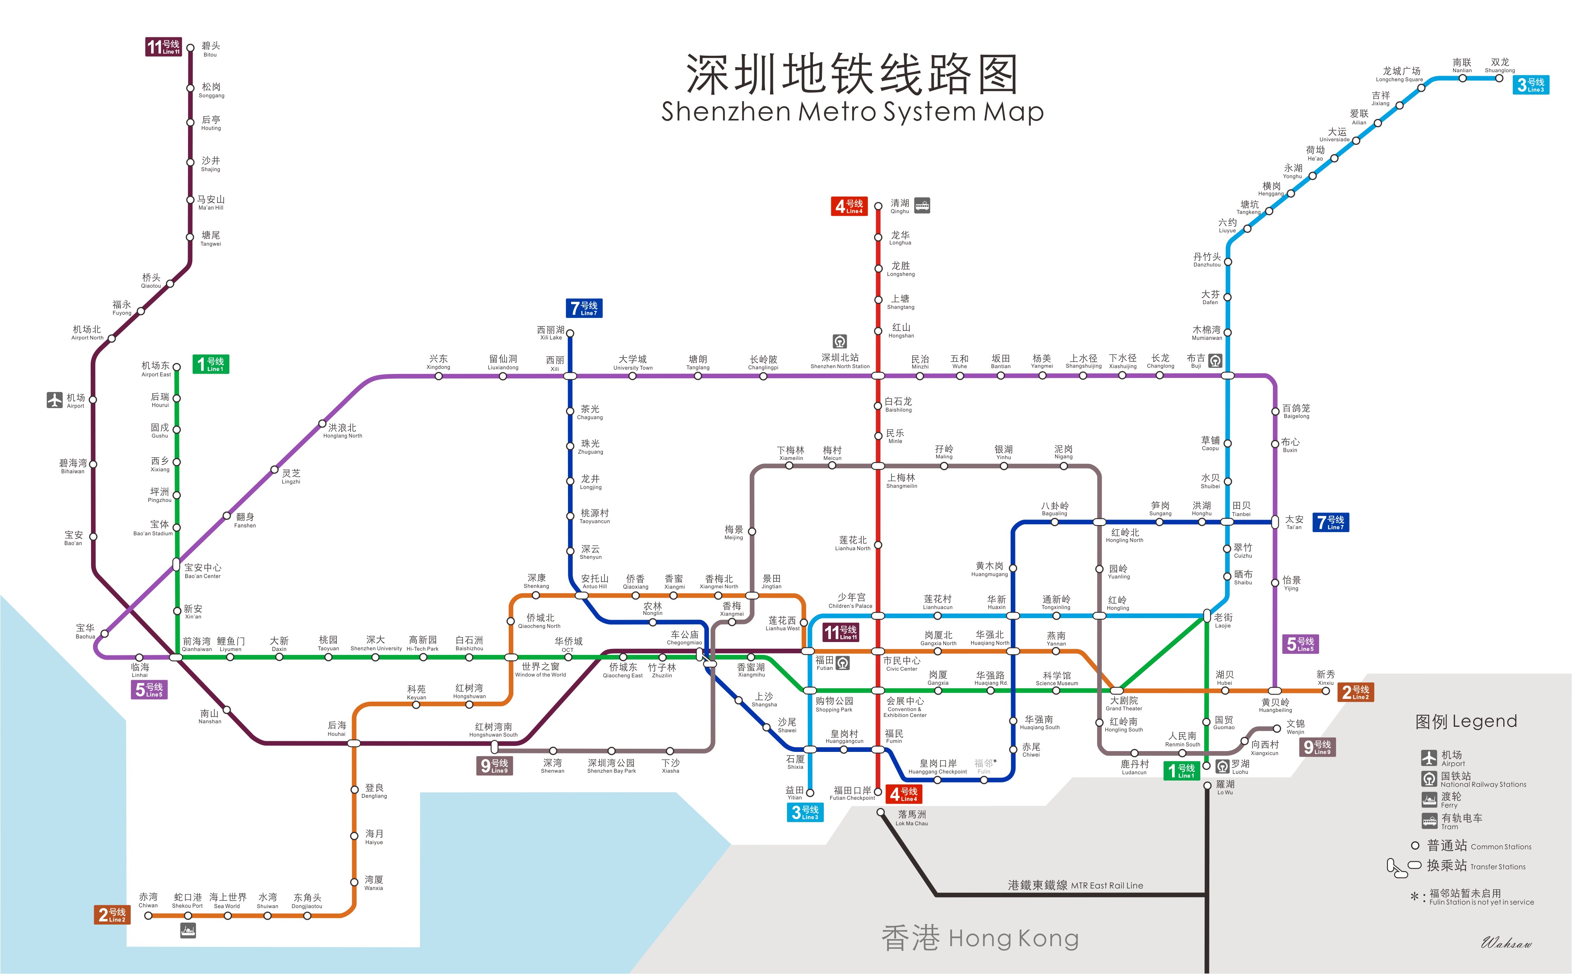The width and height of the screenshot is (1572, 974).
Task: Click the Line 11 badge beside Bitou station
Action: (163, 47)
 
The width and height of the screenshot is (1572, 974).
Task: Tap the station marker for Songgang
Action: (190, 88)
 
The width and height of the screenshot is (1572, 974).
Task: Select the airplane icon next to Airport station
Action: (55, 400)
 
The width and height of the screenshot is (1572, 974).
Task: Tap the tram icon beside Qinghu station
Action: (922, 206)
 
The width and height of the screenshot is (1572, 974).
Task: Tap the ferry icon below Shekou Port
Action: (188, 930)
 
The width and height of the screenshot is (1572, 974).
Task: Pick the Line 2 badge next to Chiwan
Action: (113, 915)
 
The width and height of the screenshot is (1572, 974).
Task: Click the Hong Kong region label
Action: (979, 939)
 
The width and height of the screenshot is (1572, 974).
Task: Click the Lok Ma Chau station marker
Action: (881, 812)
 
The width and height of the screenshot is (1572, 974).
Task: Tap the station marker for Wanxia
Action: (354, 882)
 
